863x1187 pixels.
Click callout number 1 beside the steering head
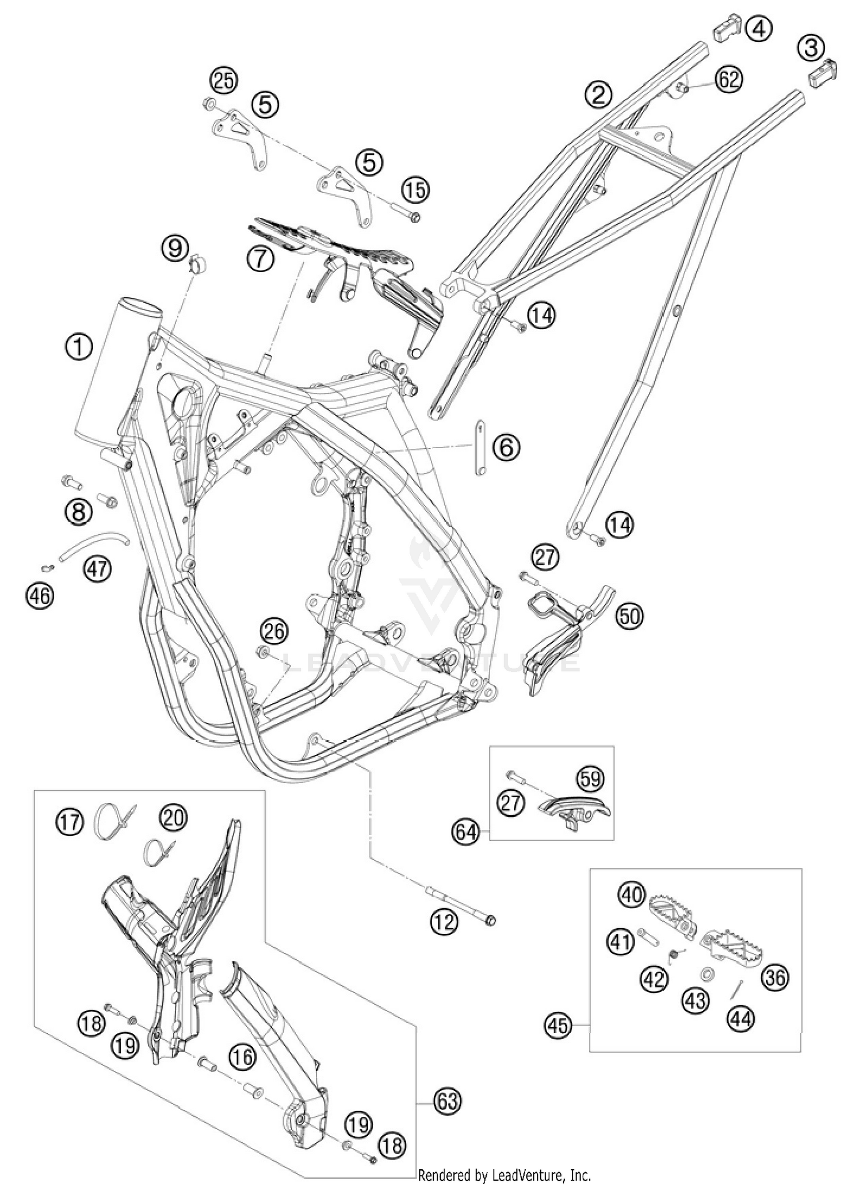(x=79, y=347)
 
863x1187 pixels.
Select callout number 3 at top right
(x=811, y=48)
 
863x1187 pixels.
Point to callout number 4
(x=759, y=28)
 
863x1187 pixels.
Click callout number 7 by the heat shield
(x=261, y=260)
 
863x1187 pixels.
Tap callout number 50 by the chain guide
(x=629, y=617)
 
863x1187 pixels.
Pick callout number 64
(x=465, y=832)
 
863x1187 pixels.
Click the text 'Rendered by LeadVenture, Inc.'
(x=505, y=1175)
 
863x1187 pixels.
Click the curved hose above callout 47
(x=93, y=542)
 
